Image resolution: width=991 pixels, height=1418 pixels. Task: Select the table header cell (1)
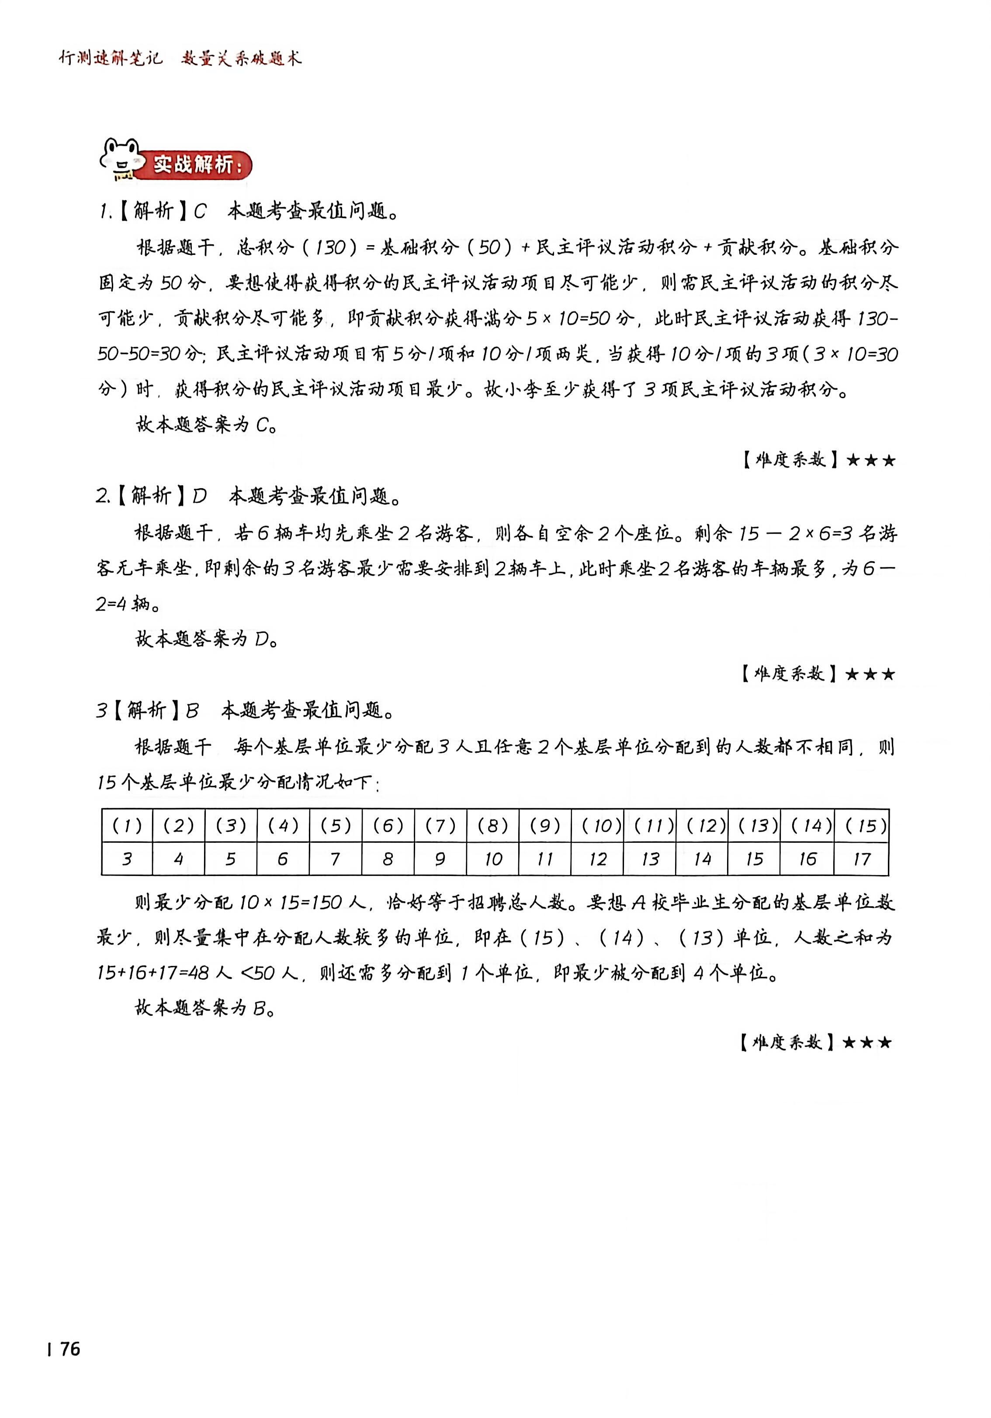127,825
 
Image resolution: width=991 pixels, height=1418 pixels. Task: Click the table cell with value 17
862,859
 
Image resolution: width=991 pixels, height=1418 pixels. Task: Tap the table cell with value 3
127,859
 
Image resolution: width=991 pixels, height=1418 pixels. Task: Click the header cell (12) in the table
703,825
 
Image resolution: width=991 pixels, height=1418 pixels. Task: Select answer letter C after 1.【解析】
200,212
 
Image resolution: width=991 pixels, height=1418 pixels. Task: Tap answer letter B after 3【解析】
192,711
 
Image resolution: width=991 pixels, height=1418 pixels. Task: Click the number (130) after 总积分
330,248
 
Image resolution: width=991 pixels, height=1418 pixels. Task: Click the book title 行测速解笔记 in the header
111,59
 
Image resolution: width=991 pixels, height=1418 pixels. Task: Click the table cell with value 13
650,859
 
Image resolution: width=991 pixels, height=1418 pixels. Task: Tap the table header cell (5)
335,825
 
